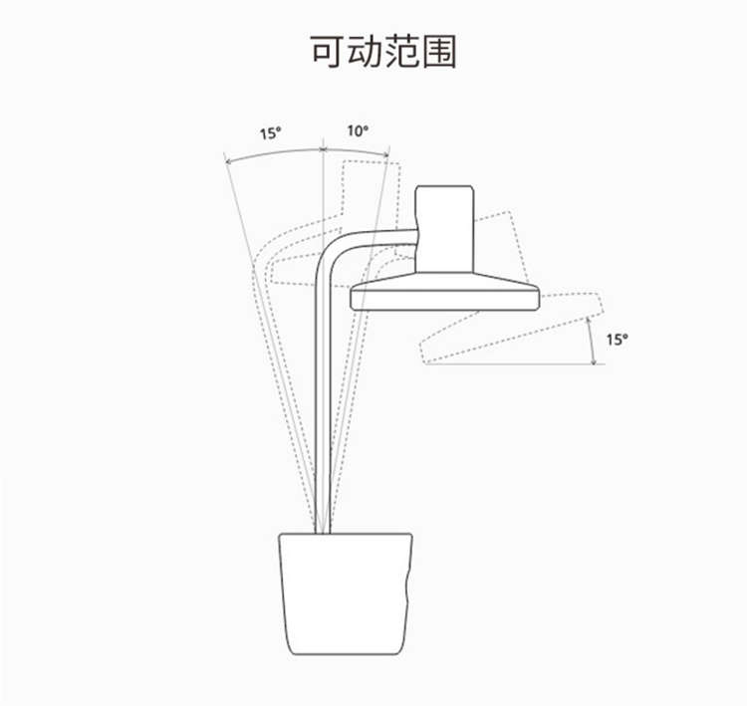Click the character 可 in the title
click(329, 52)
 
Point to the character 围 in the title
click(439, 52)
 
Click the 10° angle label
click(357, 130)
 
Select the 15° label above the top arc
click(271, 132)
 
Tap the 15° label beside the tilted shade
click(618, 339)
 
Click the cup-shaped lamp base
click(345, 591)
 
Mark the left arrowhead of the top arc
click(228, 161)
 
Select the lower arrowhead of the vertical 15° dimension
click(599, 361)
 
